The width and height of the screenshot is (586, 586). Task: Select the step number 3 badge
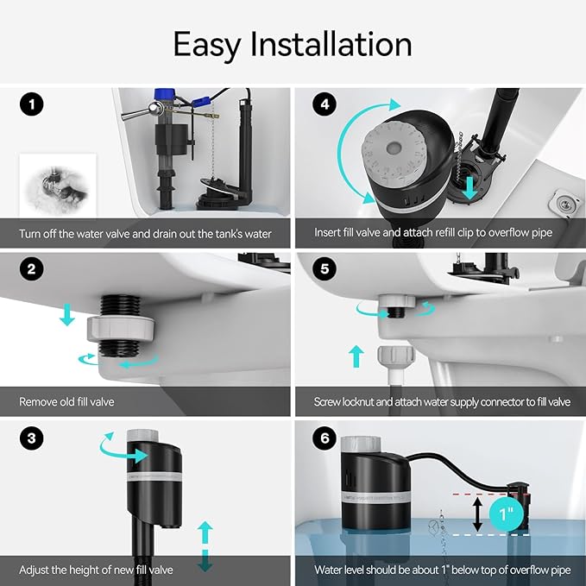pyautogui.click(x=32, y=438)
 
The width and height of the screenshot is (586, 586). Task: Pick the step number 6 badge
pyautogui.click(x=325, y=438)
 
